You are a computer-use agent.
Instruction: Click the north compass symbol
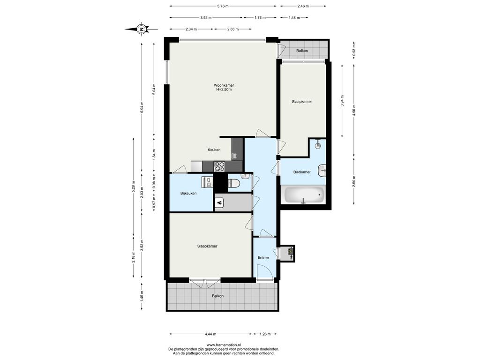[142, 29]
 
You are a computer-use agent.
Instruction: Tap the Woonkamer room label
[224, 85]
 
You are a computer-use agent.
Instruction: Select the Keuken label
[214, 150]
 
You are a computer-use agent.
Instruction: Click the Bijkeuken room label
[188, 194]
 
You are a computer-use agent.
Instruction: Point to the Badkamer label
[302, 172]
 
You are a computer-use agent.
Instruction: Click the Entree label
[263, 258]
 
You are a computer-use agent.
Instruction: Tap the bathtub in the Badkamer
[304, 195]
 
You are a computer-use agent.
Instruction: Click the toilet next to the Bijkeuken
[234, 183]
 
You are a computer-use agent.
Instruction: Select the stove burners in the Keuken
[219, 166]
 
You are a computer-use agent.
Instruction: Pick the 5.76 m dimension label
[223, 6]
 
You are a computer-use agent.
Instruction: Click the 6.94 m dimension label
[142, 107]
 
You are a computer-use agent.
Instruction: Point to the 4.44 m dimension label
[210, 334]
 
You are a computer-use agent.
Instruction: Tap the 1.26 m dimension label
[265, 334]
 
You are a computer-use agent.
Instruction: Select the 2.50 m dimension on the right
[354, 181]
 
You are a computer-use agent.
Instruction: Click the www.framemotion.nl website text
[224, 345]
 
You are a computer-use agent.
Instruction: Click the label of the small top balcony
[302, 51]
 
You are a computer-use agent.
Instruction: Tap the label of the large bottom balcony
[217, 296]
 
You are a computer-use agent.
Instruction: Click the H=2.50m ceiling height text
[224, 90]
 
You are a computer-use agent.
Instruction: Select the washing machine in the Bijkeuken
[207, 182]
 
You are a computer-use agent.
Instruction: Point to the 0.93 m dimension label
[354, 49]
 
